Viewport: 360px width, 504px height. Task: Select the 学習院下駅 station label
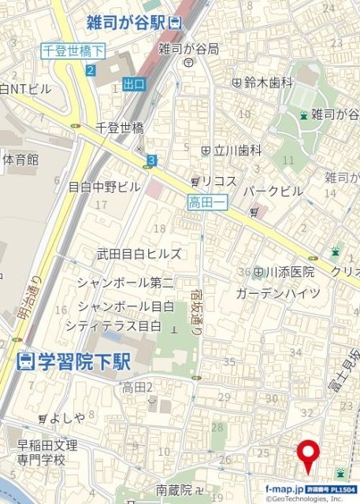point(74,361)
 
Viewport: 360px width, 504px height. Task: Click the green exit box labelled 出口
point(135,83)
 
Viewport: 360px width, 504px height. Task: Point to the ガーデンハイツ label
point(278,293)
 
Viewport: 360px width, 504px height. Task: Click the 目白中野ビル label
point(104,187)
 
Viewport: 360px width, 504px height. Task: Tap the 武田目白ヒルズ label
point(139,254)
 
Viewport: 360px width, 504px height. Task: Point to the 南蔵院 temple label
point(174,489)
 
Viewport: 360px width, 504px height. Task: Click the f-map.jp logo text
point(284,489)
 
